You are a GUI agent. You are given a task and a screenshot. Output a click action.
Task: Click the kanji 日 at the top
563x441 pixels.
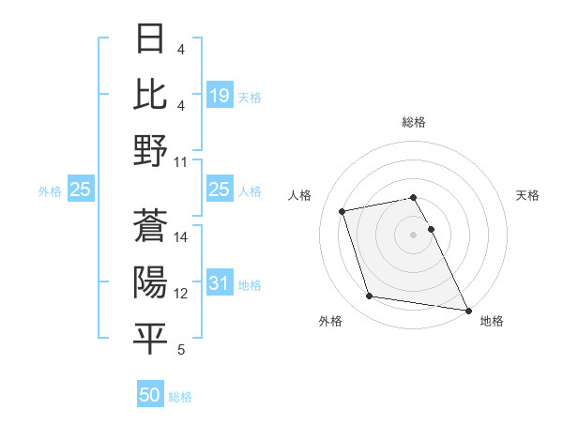[150, 39]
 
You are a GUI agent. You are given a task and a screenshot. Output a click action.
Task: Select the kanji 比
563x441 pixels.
[150, 94]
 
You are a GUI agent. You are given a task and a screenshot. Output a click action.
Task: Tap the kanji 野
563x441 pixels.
[150, 150]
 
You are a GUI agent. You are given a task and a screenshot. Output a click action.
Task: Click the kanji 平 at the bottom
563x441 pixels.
[150, 338]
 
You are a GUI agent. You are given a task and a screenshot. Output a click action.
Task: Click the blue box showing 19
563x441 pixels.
[219, 95]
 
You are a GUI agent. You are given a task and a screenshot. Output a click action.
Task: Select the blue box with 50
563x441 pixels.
[150, 395]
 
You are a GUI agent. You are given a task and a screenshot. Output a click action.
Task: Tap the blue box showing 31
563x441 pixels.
[219, 284]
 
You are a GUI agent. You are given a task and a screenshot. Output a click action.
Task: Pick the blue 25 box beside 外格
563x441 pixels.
[80, 190]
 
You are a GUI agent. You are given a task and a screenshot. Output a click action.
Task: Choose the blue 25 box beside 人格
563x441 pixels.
[219, 190]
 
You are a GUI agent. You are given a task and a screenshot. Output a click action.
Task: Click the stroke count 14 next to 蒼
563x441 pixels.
[182, 237]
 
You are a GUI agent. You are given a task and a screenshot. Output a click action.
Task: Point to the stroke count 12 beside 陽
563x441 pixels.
[182, 294]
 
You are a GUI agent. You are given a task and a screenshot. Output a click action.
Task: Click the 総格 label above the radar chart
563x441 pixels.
[414, 122]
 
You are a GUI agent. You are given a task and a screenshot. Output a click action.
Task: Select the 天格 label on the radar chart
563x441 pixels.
[527, 195]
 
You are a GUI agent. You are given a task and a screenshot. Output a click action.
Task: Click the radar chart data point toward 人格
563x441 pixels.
[342, 210]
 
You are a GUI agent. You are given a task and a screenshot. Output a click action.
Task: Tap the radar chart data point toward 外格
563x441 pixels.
[369, 297]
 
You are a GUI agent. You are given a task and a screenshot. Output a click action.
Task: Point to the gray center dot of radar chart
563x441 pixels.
[414, 234]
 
